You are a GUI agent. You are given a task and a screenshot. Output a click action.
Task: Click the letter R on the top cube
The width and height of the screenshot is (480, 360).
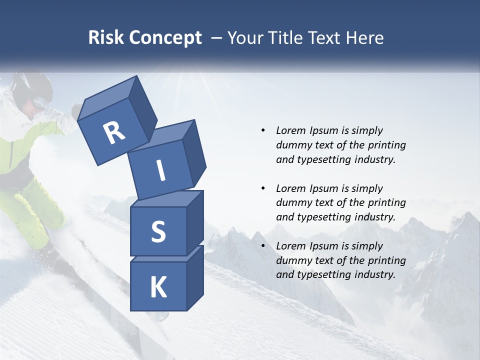coord(114,133)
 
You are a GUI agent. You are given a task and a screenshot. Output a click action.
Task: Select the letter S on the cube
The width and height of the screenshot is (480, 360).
coord(158,231)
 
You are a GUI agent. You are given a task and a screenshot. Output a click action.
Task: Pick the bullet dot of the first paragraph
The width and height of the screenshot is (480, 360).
coord(263,130)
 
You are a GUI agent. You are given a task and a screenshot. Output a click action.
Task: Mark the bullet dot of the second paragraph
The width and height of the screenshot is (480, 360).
coord(263,188)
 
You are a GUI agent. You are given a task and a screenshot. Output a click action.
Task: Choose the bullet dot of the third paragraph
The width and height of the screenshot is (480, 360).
coord(263,246)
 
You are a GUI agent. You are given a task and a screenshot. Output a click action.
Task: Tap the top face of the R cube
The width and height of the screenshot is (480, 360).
coord(108,94)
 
